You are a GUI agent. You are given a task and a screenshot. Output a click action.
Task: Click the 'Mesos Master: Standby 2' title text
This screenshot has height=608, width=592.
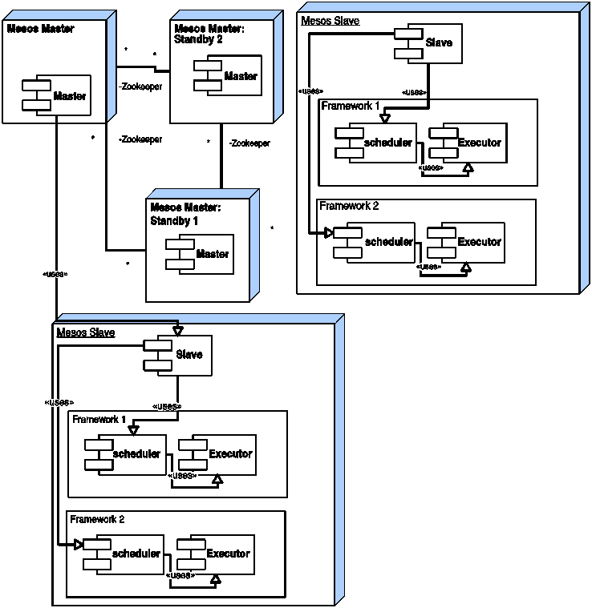pyautogui.click(x=209, y=34)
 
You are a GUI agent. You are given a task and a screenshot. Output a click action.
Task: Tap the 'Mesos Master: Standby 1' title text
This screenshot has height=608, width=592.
pyautogui.click(x=185, y=214)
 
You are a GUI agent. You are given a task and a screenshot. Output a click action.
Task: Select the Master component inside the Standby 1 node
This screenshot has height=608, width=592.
pyautogui.click(x=200, y=255)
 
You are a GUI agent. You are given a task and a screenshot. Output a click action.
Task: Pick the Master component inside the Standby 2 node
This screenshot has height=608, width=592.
pyautogui.click(x=228, y=75)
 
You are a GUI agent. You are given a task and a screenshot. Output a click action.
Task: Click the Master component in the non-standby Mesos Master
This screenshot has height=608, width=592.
pyautogui.click(x=56, y=95)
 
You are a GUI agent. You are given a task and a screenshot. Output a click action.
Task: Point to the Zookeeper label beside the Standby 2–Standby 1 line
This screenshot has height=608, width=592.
pyautogui.click(x=249, y=143)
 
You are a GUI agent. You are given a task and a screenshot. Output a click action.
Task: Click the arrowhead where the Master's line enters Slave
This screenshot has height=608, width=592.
pyautogui.click(x=178, y=331)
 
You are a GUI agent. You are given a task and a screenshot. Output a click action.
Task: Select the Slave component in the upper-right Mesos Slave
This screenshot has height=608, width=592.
pyautogui.click(x=428, y=43)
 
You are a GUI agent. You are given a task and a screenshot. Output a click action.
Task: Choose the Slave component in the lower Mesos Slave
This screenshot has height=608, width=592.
pyautogui.click(x=177, y=356)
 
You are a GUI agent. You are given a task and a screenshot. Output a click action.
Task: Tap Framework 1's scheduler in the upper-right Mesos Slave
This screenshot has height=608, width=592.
pyautogui.click(x=375, y=143)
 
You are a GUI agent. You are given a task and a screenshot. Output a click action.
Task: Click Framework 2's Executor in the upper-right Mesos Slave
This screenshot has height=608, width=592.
pyautogui.click(x=466, y=243)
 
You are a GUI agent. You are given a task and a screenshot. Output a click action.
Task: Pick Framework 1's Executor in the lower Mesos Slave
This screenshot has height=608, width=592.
pyautogui.click(x=217, y=455)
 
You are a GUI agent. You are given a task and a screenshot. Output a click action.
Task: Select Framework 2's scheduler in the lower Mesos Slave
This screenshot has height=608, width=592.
pyautogui.click(x=124, y=554)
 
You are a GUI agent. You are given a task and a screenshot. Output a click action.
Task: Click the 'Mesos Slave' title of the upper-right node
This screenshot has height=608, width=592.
pyautogui.click(x=330, y=21)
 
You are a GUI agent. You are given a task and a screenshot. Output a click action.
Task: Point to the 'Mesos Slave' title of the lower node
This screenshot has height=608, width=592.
pyautogui.click(x=86, y=332)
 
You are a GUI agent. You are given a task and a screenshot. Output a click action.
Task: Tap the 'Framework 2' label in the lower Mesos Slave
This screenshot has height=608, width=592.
pyautogui.click(x=97, y=520)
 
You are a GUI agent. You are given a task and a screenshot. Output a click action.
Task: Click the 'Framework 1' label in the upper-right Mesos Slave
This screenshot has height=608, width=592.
pyautogui.click(x=351, y=106)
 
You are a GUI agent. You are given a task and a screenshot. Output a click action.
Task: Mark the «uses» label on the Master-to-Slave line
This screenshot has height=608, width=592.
pyautogui.click(x=55, y=275)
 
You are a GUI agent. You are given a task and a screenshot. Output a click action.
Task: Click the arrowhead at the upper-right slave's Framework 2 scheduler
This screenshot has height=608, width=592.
pyautogui.click(x=329, y=233)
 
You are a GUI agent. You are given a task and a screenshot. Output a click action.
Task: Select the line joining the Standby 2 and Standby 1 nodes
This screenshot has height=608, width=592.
pyautogui.click(x=221, y=156)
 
